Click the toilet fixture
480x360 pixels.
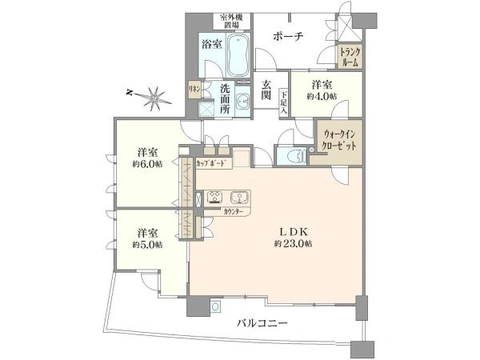point(293,156)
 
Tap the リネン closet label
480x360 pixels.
point(194,89)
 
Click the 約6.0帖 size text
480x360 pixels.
point(146,166)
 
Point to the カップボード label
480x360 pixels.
point(214,164)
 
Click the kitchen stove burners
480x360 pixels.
point(215,197)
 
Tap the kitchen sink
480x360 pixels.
point(239,198)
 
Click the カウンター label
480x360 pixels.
point(235,211)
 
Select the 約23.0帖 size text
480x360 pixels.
point(293,243)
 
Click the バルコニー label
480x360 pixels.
point(262,323)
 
